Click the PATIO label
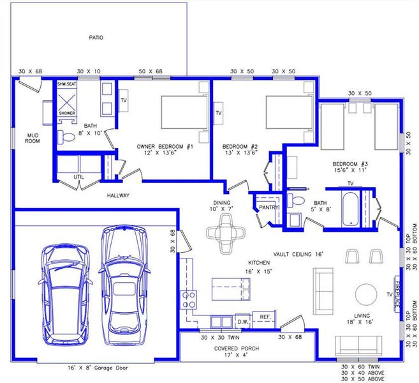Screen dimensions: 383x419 point(96,38)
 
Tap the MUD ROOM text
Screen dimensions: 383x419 point(33,137)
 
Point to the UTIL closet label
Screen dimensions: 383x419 point(79,176)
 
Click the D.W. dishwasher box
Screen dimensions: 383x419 point(242,322)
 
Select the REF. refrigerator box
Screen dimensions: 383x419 point(263,317)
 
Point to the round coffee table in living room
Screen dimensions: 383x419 point(367,294)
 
